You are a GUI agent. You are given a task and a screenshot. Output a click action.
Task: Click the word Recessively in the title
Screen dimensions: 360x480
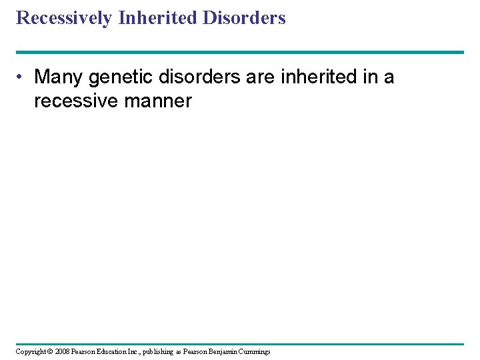pos(64,18)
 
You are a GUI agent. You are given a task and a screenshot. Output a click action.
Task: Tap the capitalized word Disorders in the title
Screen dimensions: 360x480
pos(245,18)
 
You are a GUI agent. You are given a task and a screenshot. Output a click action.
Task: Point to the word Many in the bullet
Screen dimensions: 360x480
pos(59,77)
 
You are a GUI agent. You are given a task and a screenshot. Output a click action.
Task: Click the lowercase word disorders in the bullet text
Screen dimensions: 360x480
pos(203,77)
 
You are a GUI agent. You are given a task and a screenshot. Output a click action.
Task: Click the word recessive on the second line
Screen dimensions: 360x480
pos(73,101)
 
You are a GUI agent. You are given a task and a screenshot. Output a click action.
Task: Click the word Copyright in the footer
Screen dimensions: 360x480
pos(31,351)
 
